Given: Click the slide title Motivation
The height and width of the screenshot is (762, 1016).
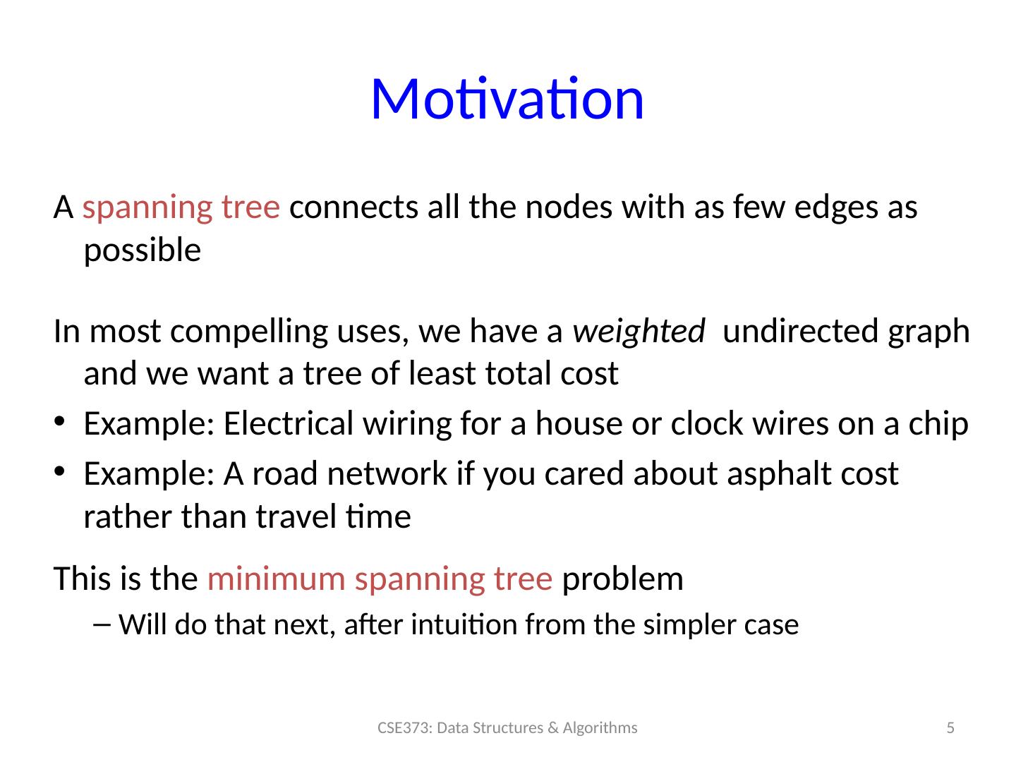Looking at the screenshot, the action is [507, 99].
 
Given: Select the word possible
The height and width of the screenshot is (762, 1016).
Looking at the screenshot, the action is [142, 251].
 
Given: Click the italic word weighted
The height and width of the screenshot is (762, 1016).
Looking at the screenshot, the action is [639, 332].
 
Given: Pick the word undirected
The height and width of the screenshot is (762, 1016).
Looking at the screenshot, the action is [800, 332].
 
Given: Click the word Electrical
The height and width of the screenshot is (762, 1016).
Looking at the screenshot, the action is [289, 423].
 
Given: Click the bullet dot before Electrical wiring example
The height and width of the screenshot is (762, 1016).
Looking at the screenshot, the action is [59, 421].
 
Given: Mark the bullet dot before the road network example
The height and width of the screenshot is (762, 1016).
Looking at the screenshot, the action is [59, 471].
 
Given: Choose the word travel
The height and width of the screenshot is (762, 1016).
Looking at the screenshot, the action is [296, 516].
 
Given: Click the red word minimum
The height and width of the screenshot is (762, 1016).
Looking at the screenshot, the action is [277, 579].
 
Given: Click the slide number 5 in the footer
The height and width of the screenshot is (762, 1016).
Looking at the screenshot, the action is [950, 727].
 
